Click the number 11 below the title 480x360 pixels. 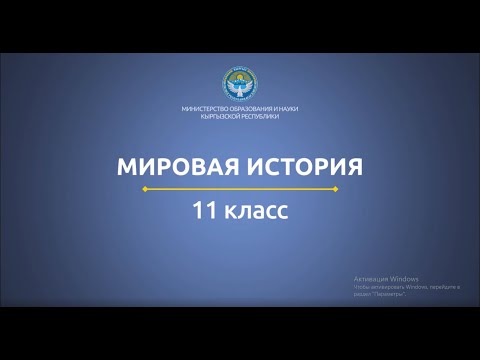point(206,211)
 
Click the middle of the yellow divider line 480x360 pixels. point(240,187)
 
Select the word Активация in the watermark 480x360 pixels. point(371,279)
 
